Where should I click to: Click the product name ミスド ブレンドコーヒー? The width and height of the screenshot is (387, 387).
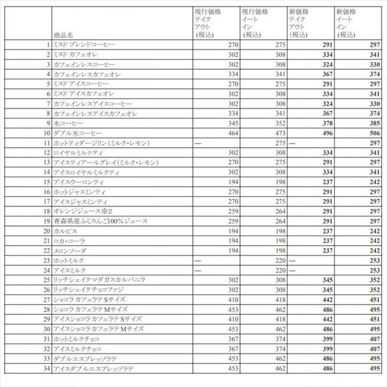tap(84, 45)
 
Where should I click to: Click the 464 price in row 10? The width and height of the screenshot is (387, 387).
tap(233, 133)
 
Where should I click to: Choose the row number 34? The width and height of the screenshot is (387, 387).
tap(47, 368)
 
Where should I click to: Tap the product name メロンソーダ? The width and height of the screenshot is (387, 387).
tap(70, 251)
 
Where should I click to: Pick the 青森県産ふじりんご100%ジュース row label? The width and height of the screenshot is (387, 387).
tap(100, 221)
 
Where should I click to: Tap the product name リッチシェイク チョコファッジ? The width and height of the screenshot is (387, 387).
tap(88, 290)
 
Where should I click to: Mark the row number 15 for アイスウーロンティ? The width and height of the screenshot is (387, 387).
tap(47, 182)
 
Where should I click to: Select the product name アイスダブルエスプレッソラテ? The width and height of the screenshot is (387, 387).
tap(93, 368)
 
